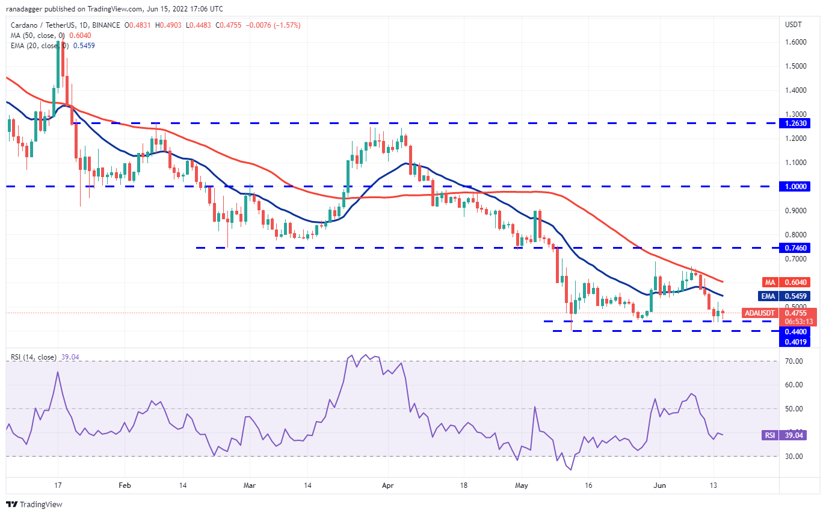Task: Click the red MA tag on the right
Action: pos(769,282)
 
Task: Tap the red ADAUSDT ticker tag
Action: pos(759,313)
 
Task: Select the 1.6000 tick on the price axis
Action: pos(796,42)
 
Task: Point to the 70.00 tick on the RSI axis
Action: pos(795,361)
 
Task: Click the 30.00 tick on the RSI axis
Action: pos(795,457)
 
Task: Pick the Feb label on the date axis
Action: pos(125,485)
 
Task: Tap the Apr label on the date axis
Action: pos(388,485)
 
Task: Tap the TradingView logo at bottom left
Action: pos(34,504)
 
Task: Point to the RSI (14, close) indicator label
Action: pos(34,357)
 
